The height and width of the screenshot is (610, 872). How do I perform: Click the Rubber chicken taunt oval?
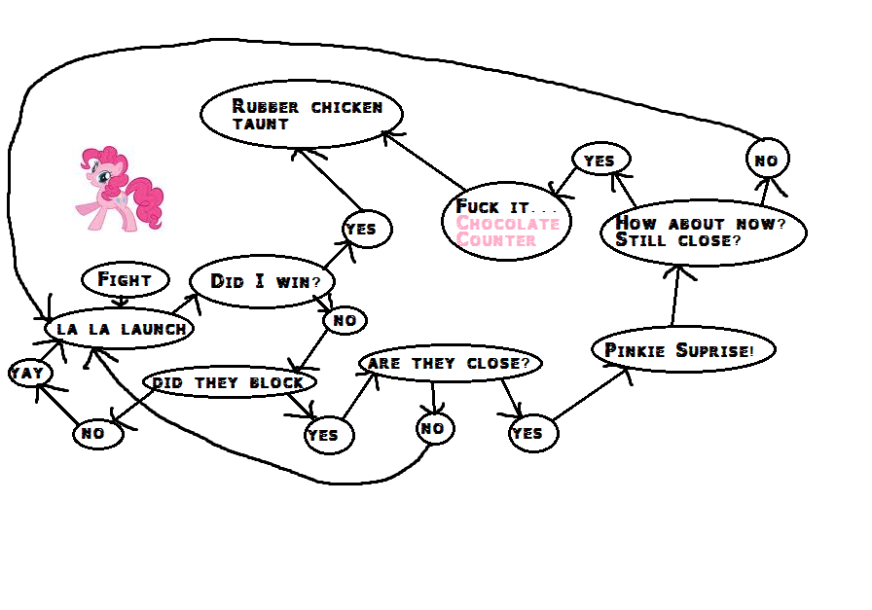pyautogui.click(x=302, y=114)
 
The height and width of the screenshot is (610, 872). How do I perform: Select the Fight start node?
pyautogui.click(x=126, y=280)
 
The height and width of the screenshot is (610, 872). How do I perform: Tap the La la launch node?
pyautogui.click(x=120, y=329)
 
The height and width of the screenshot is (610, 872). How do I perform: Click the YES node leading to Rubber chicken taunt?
pyautogui.click(x=366, y=230)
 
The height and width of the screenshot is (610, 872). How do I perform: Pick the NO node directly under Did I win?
pyautogui.click(x=345, y=320)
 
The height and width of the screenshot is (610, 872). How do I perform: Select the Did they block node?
pyautogui.click(x=229, y=382)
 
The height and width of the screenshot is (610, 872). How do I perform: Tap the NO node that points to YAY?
pyautogui.click(x=97, y=434)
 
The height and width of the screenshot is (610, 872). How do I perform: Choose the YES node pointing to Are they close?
pyautogui.click(x=328, y=435)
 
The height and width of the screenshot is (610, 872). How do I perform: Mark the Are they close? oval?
pyautogui.click(x=450, y=363)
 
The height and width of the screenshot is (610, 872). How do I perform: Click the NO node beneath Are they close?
pyautogui.click(x=433, y=428)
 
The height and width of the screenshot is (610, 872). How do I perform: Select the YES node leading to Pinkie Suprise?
pyautogui.click(x=533, y=433)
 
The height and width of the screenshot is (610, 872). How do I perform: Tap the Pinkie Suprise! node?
pyautogui.click(x=683, y=350)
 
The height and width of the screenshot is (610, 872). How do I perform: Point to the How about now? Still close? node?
pyautogui.click(x=704, y=232)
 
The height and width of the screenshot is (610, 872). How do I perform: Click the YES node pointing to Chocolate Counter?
pyautogui.click(x=600, y=161)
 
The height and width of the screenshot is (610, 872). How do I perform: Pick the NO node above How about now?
pyautogui.click(x=767, y=160)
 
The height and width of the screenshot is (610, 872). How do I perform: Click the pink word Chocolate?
pyautogui.click(x=508, y=224)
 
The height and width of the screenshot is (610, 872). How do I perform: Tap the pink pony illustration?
pyautogui.click(x=119, y=187)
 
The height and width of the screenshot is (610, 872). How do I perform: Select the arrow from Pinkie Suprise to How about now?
pyautogui.click(x=674, y=296)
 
